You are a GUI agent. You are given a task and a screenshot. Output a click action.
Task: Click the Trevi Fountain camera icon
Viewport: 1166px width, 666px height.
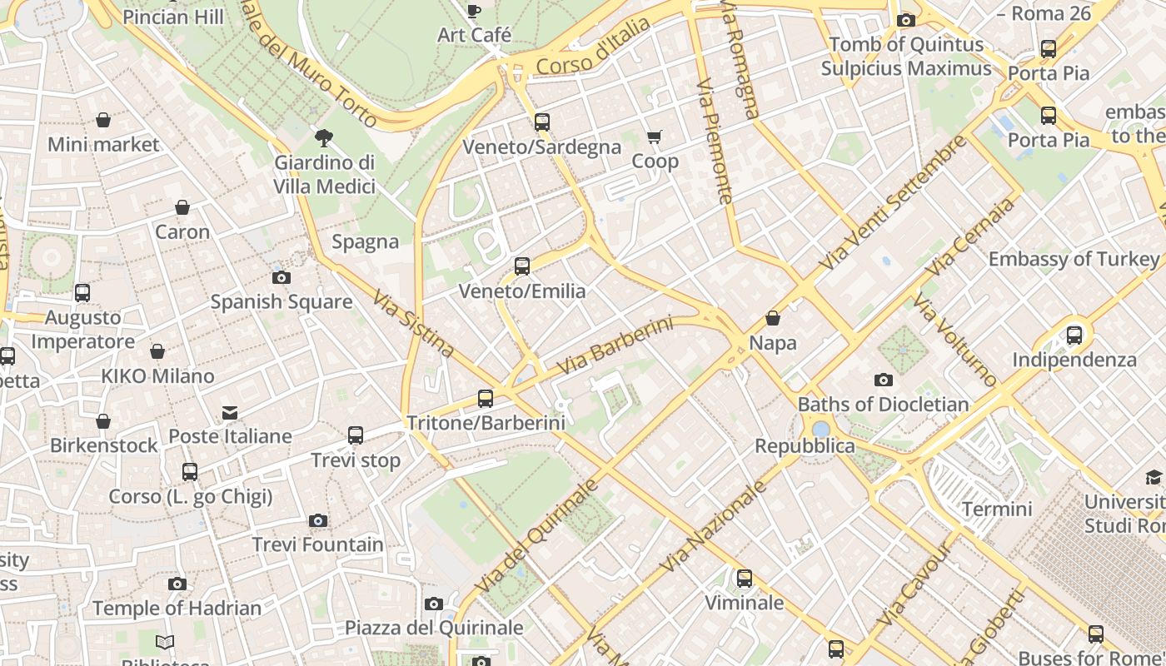[317, 521]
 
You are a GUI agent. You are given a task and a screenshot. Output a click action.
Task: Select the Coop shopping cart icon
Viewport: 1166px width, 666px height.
[655, 137]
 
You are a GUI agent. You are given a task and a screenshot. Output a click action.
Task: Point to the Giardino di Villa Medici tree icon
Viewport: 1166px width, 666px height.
[324, 138]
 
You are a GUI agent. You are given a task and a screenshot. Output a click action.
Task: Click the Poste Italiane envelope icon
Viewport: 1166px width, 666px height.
[229, 413]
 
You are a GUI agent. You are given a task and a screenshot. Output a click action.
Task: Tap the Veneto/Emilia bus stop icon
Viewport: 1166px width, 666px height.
[522, 266]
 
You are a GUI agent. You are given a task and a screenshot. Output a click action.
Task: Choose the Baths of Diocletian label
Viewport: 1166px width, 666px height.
[883, 405]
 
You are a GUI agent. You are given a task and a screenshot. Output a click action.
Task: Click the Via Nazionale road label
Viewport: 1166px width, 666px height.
[714, 526]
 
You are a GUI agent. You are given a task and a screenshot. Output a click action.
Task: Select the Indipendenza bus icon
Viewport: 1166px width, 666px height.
[1074, 335]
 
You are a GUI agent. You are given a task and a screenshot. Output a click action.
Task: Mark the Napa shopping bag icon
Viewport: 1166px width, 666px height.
[773, 318]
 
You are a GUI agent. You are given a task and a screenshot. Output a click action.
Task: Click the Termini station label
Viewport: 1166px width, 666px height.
[997, 509]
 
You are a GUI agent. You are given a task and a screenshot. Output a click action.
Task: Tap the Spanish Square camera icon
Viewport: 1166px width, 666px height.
[282, 277]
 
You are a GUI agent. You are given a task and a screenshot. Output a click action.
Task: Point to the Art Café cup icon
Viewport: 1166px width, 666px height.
[474, 11]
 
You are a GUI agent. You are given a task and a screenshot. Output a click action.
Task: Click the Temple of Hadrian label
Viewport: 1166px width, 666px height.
[177, 608]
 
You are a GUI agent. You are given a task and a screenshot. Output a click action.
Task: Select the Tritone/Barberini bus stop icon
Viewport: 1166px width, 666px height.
[486, 399]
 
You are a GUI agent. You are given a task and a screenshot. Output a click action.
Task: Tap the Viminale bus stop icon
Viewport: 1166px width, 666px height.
[745, 578]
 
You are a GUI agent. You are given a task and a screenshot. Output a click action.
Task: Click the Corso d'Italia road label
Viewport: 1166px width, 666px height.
[593, 47]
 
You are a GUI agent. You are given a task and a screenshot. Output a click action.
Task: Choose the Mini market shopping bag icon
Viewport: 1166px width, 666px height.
[103, 121]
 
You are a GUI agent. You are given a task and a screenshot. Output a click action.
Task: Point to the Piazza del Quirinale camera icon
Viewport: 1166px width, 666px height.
[434, 604]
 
